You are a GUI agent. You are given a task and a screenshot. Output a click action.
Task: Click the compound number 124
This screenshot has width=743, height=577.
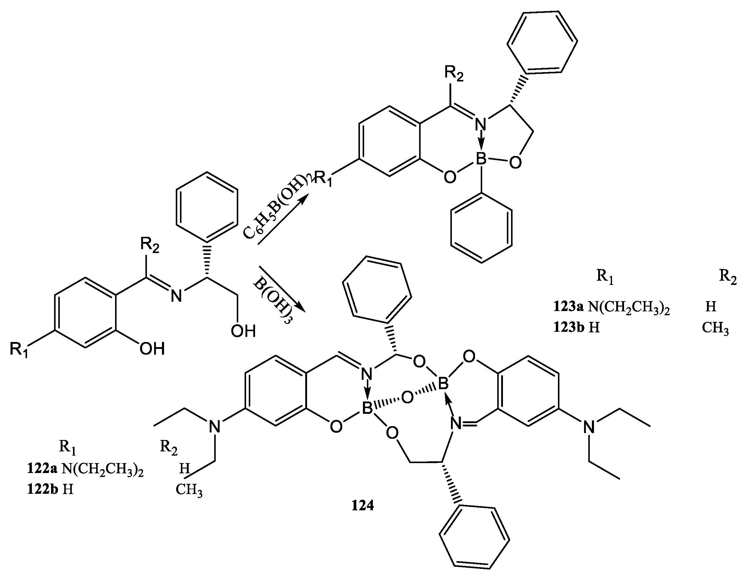pyautogui.click(x=363, y=506)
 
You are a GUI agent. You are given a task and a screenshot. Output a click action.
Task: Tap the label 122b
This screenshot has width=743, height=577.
pyautogui.click(x=42, y=490)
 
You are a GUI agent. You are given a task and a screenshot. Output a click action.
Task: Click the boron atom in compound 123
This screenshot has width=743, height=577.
pyautogui.click(x=481, y=159)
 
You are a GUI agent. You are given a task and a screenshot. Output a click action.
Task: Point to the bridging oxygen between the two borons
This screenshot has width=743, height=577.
pyautogui.click(x=408, y=397)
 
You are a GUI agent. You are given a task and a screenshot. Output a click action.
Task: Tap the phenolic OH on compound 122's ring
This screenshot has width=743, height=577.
pyautogui.click(x=152, y=349)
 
